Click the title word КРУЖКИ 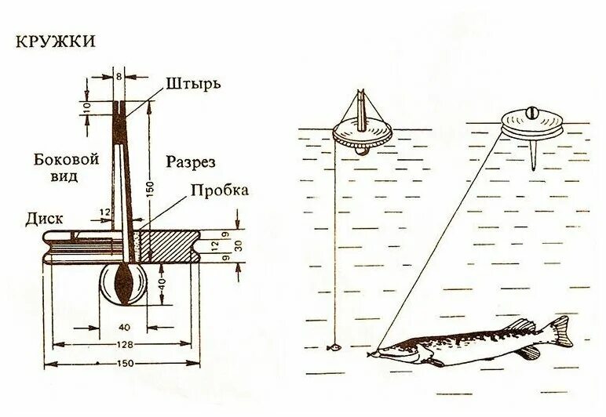[x=56, y=41]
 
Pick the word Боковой [x=67, y=159]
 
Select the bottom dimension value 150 [x=122, y=364]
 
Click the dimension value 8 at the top [x=119, y=76]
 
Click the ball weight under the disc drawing [x=123, y=285]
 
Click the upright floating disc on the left [x=361, y=134]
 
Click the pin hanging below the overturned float [x=532, y=154]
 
